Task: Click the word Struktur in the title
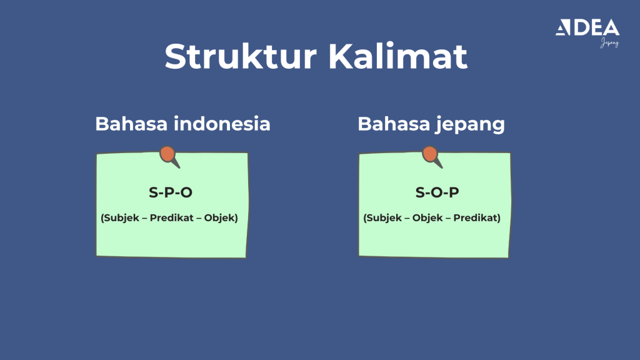pyautogui.click(x=241, y=57)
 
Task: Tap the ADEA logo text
pyautogui.click(x=587, y=27)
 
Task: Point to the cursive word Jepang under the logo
pyautogui.click(x=609, y=43)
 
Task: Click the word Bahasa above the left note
pyautogui.click(x=132, y=123)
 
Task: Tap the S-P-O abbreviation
pyautogui.click(x=171, y=192)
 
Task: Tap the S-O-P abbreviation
pyautogui.click(x=437, y=192)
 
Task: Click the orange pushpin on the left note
pyautogui.click(x=167, y=154)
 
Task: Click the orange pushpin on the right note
pyautogui.click(x=430, y=154)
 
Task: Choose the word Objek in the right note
pyautogui.click(x=427, y=218)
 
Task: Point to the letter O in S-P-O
pyautogui.click(x=186, y=192)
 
